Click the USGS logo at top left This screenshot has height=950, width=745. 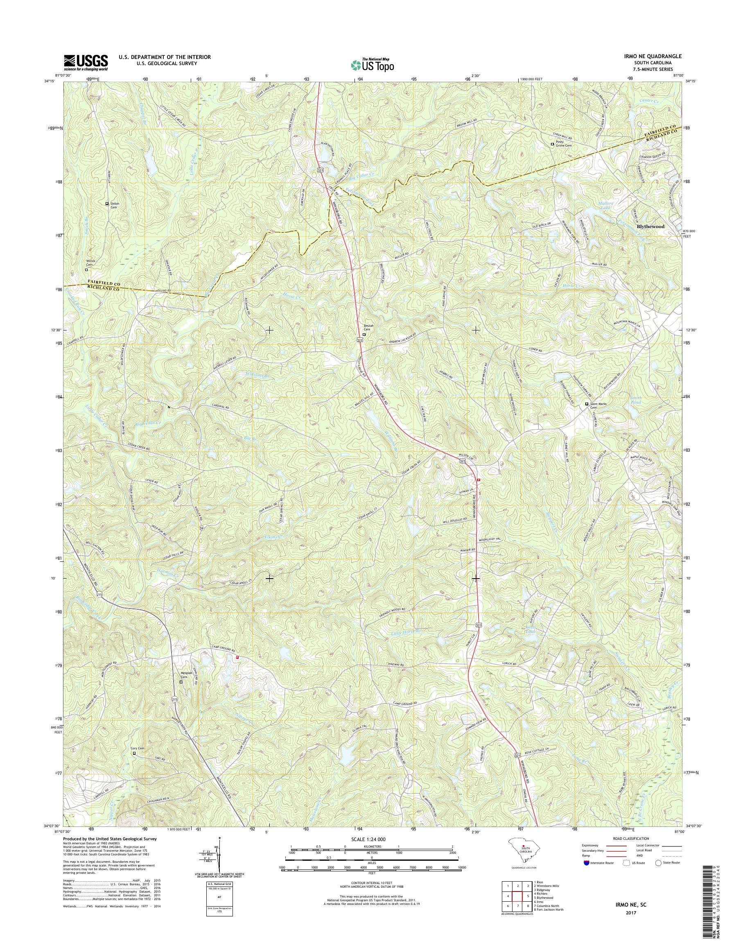click(x=86, y=62)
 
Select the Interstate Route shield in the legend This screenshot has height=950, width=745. click(x=587, y=862)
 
